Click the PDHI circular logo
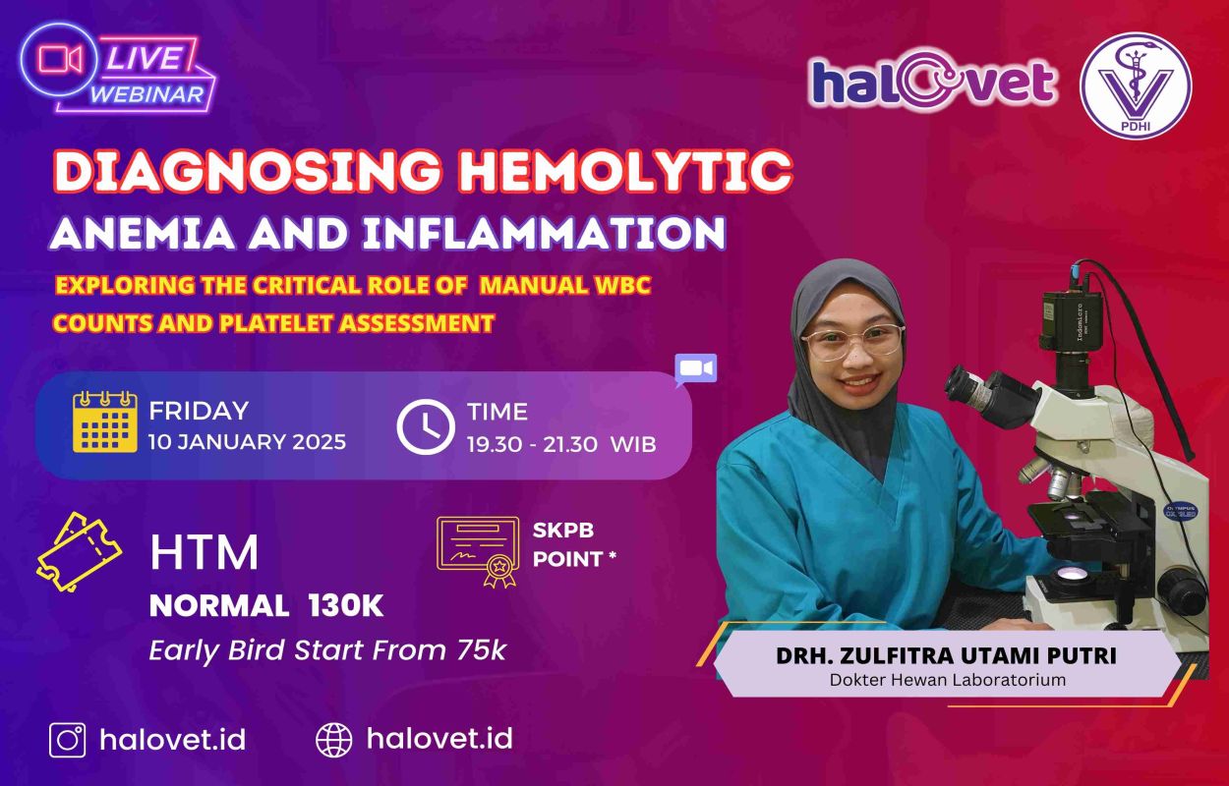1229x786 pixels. tap(1137, 84)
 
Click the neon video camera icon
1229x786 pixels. tap(60, 59)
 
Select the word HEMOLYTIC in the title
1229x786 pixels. tap(625, 171)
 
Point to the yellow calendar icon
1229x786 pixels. tap(105, 422)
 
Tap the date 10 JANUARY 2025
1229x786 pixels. tap(248, 442)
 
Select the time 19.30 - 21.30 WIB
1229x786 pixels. tap(561, 444)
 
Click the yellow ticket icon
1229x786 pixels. tap(79, 552)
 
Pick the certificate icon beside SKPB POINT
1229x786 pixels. tap(478, 551)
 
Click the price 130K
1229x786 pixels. tap(346, 606)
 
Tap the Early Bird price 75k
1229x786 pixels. tap(482, 650)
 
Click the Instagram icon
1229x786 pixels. tap(68, 740)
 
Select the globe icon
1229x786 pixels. tap(334, 740)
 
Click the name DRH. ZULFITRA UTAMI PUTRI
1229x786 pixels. tap(946, 656)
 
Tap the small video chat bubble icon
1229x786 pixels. tap(696, 368)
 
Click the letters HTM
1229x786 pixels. tap(205, 552)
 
